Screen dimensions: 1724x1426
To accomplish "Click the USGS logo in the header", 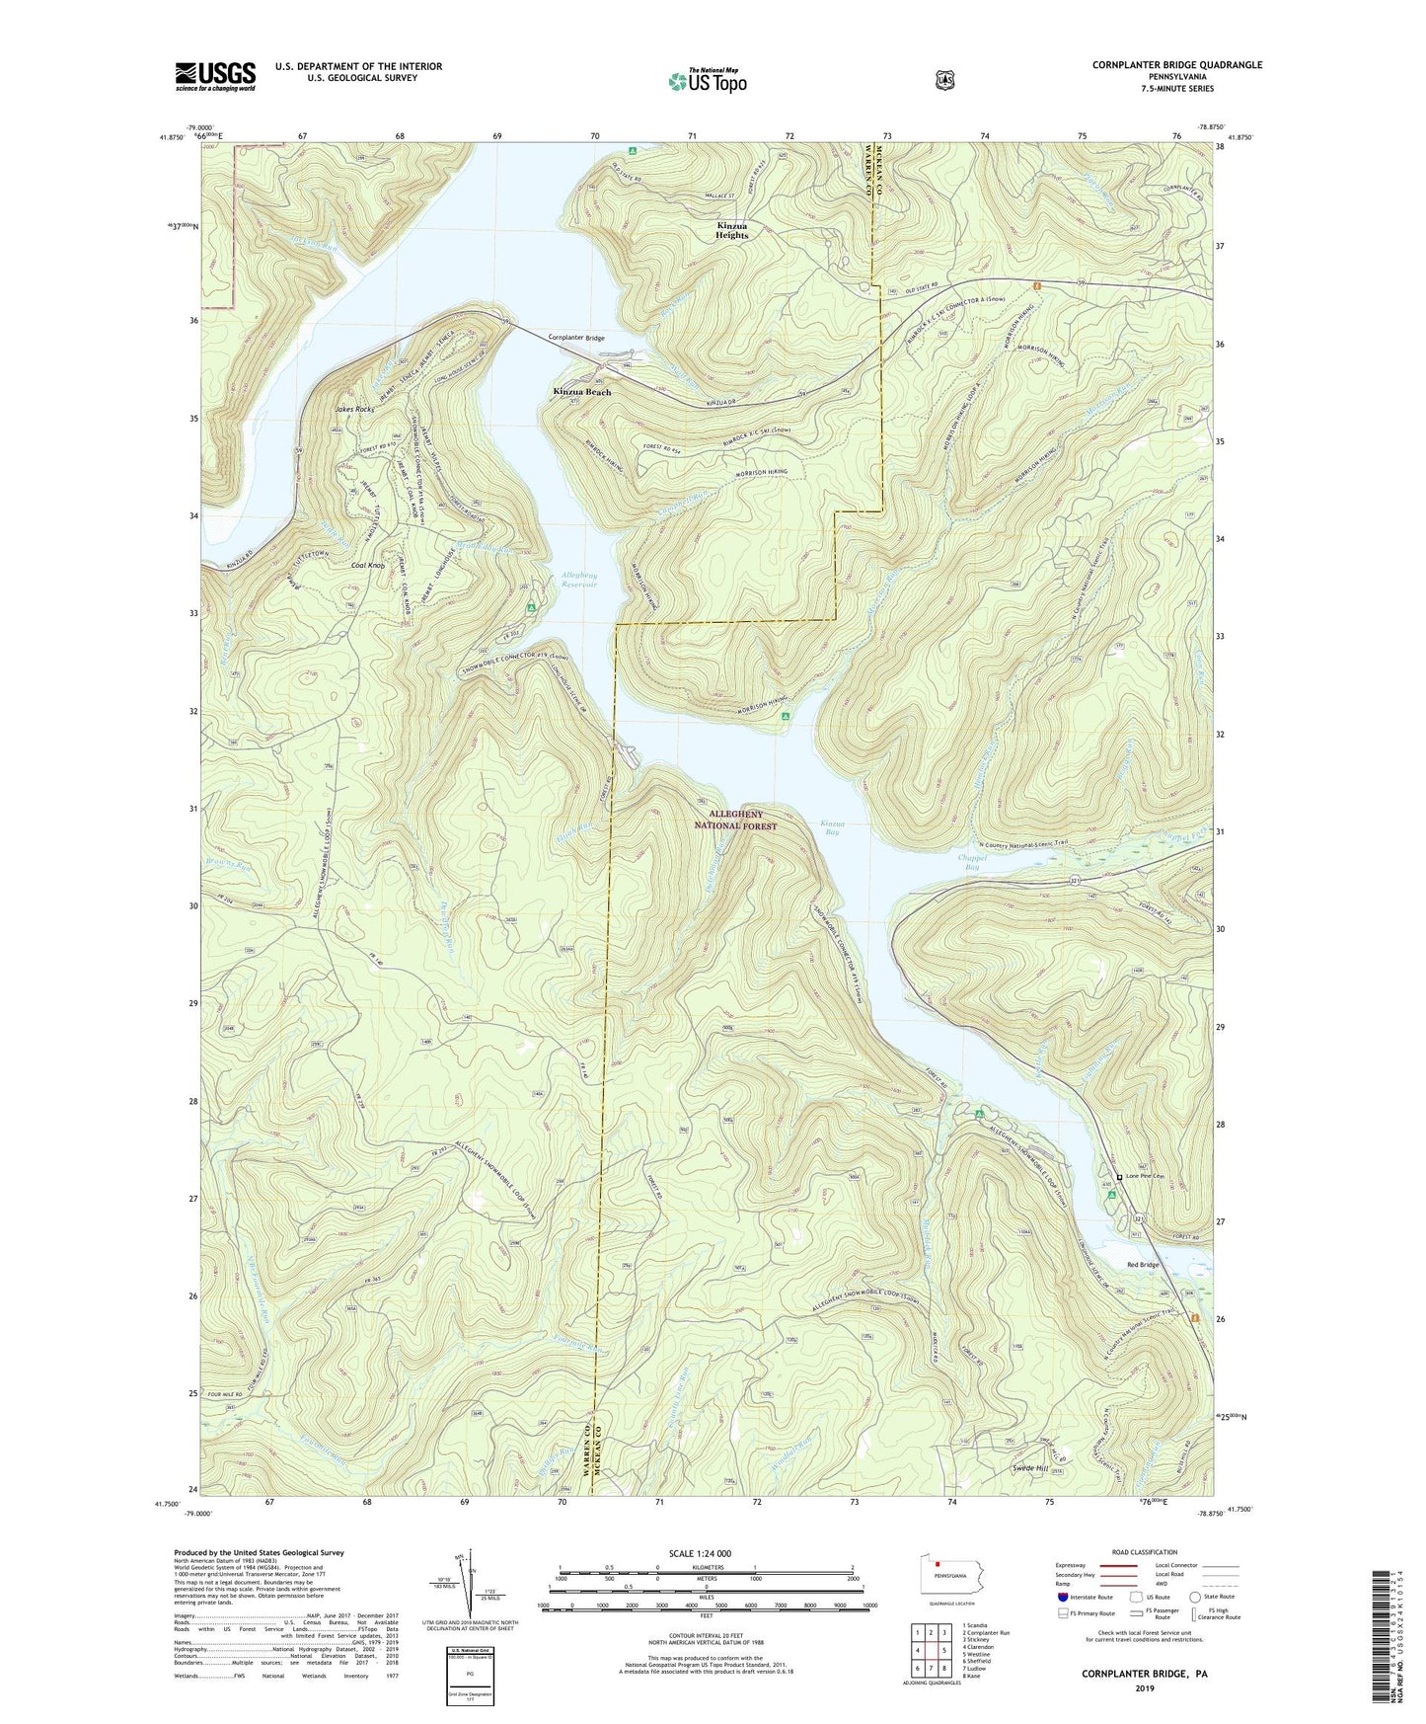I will tap(215, 76).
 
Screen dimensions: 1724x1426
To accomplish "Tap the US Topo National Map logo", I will tap(707, 80).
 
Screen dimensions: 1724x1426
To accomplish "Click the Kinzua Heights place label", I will tap(732, 230).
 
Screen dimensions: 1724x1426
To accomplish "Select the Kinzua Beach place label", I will tap(581, 392).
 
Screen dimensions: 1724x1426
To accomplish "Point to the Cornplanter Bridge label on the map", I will tap(576, 338).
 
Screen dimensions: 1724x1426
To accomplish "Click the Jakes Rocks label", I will tap(358, 409).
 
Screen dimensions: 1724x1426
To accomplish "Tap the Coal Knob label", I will tap(368, 566).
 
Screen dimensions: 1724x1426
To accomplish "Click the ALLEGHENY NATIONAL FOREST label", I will tap(735, 820).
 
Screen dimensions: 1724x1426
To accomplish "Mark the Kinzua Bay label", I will tap(832, 827).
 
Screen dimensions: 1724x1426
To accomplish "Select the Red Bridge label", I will tap(1143, 1265).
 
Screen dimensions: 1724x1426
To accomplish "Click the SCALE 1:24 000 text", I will tap(700, 1553).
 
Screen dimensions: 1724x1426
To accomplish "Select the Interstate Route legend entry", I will tap(1084, 1596).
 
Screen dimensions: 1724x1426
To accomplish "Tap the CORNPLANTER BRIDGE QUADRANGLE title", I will tap(1176, 65).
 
